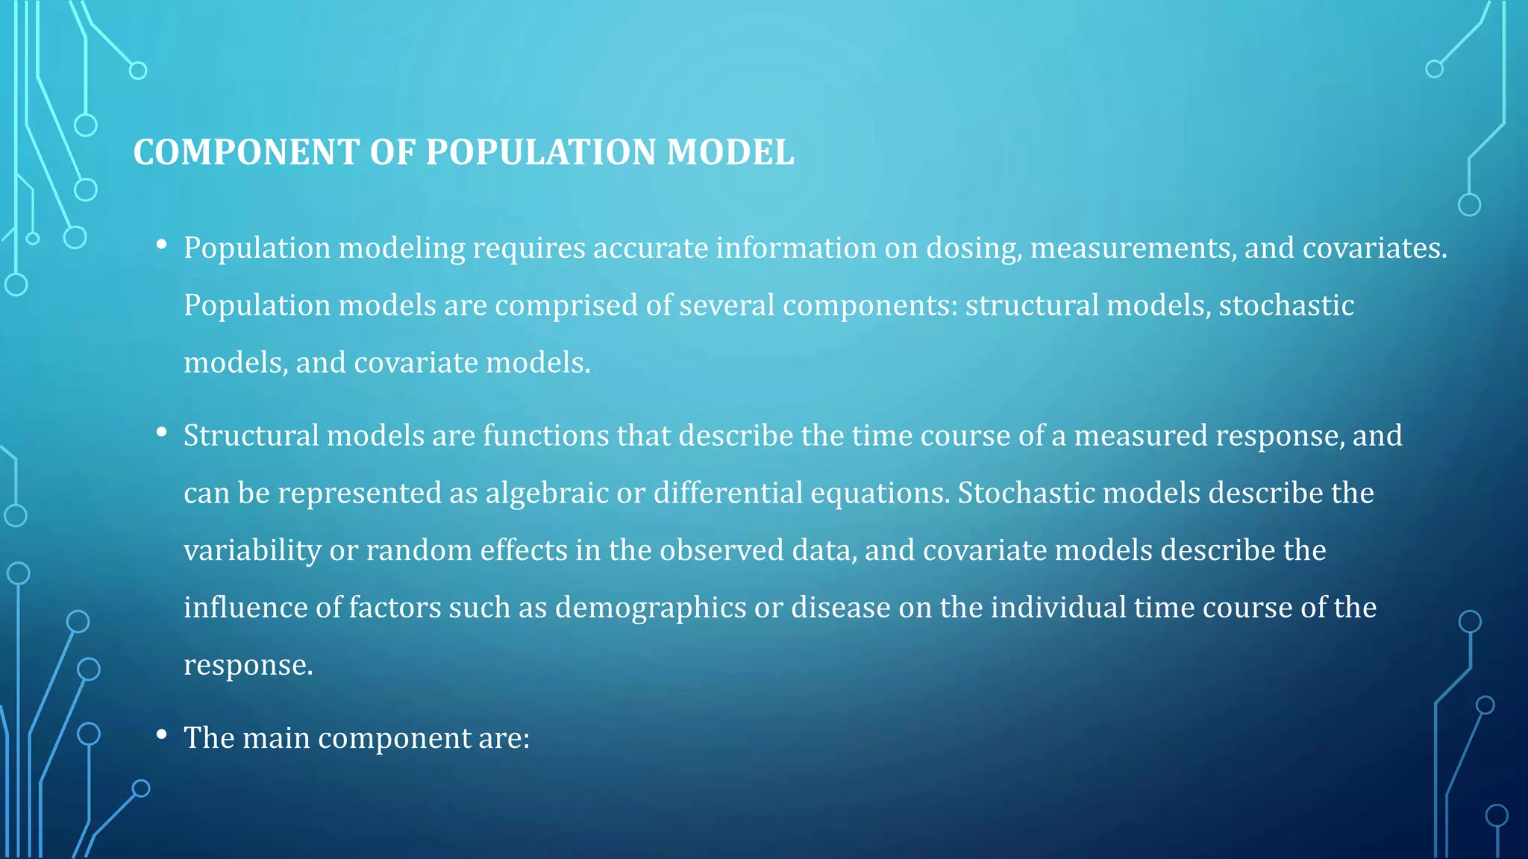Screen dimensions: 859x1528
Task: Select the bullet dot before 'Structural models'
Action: tap(162, 432)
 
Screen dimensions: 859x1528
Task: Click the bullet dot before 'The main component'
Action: tap(162, 735)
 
